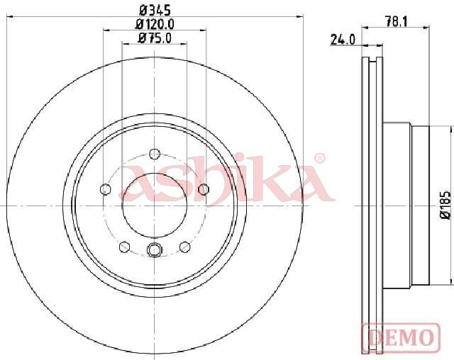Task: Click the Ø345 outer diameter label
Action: pyautogui.click(x=155, y=11)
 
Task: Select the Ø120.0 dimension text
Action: pyautogui.click(x=155, y=24)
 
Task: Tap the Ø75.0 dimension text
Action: pyautogui.click(x=155, y=38)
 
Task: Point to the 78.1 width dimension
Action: pyautogui.click(x=397, y=22)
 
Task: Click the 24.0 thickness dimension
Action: pyautogui.click(x=343, y=40)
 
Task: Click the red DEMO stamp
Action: pyautogui.click(x=401, y=337)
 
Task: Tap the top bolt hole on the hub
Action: pyautogui.click(x=155, y=154)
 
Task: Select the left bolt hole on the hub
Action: pyautogui.click(x=105, y=189)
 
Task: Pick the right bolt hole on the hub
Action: pyautogui.click(x=204, y=189)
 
